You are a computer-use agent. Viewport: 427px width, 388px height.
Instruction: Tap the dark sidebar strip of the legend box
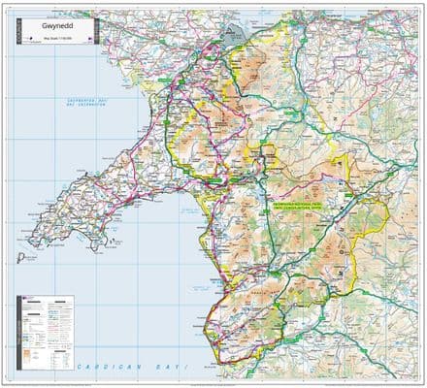coord(18,330)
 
